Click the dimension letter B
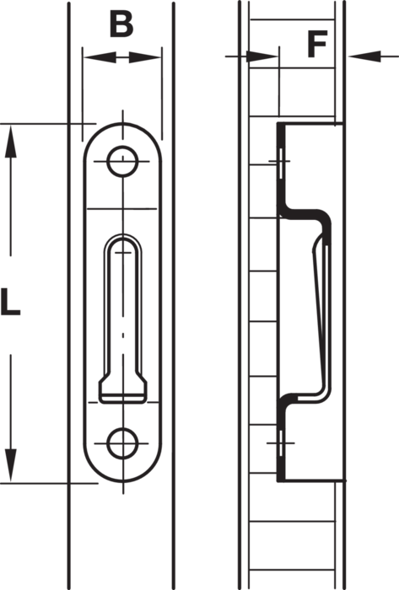click(121, 24)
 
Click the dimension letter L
click(10, 301)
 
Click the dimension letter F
click(317, 45)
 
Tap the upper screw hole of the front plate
click(122, 161)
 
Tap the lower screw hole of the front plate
click(122, 443)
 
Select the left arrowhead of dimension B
click(100, 57)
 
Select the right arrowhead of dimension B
click(145, 58)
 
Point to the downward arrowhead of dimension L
click(10, 464)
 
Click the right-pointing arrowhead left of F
click(262, 56)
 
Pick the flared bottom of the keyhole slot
click(122, 388)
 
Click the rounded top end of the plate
click(122, 125)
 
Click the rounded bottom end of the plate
click(122, 480)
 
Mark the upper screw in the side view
click(280, 161)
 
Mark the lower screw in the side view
click(281, 442)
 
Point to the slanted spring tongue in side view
click(320, 313)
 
